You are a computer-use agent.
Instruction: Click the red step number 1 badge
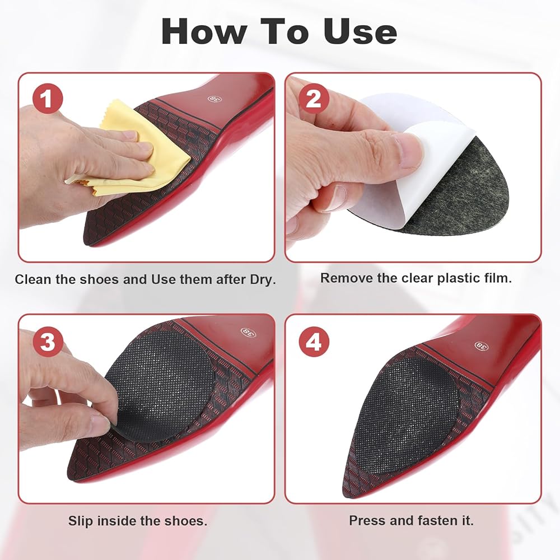point(48,98)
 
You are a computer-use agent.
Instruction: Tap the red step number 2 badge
point(314,98)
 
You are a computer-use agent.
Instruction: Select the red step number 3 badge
point(48,342)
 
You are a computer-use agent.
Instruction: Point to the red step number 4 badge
point(314,342)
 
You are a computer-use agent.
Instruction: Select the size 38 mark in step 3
point(248,332)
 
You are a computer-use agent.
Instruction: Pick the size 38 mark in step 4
point(482,346)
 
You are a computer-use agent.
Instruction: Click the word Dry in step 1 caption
point(263,279)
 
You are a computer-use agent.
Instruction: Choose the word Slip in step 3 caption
point(81,521)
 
